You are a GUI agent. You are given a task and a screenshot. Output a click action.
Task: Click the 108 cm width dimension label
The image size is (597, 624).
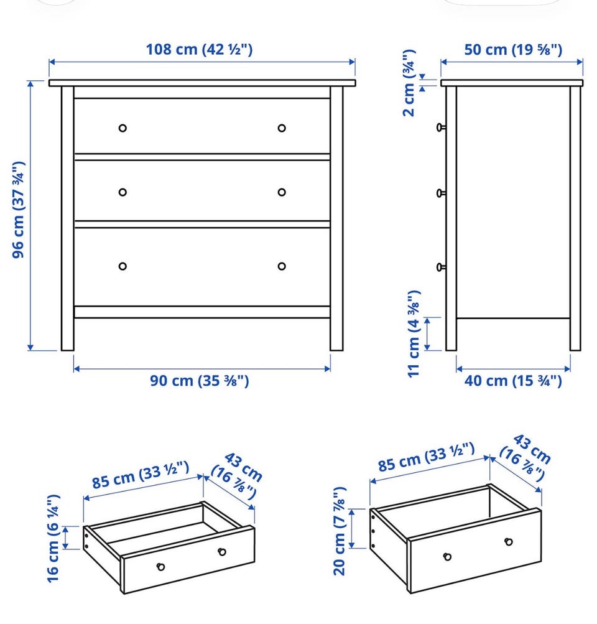click(199, 49)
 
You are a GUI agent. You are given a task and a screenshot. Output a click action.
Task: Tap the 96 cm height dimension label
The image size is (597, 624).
click(19, 210)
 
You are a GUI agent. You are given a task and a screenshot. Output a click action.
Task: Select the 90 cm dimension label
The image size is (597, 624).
click(199, 381)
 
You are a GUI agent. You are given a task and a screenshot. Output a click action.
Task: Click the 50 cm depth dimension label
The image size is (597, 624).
click(513, 50)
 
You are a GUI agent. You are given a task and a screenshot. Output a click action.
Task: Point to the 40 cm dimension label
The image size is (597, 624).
click(513, 381)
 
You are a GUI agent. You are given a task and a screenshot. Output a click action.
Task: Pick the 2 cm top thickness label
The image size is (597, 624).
click(409, 83)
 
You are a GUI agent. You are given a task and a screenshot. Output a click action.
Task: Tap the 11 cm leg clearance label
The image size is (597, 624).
click(414, 333)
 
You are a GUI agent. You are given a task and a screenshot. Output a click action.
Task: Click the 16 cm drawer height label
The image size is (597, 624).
click(53, 539)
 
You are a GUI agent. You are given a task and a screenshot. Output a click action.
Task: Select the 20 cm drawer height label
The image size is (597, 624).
click(340, 531)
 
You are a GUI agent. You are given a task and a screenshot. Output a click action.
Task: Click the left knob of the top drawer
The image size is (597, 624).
click(123, 128)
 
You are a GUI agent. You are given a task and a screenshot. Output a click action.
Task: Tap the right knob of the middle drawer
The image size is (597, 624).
click(282, 192)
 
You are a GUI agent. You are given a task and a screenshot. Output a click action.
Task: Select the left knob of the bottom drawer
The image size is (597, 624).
click(123, 266)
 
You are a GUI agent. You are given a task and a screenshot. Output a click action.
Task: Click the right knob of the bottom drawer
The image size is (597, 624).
click(282, 266)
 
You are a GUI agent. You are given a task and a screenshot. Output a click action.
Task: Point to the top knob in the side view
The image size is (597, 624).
click(441, 128)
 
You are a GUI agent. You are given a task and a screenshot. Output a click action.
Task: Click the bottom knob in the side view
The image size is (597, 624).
click(441, 268)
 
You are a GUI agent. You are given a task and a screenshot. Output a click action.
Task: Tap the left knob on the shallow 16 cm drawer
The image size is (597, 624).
click(160, 567)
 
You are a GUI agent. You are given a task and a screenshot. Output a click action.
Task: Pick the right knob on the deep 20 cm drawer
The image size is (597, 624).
click(508, 541)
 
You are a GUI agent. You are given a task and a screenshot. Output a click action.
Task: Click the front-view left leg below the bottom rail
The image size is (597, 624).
click(68, 334)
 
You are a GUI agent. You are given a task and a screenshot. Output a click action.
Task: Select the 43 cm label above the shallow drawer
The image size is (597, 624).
click(238, 476)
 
